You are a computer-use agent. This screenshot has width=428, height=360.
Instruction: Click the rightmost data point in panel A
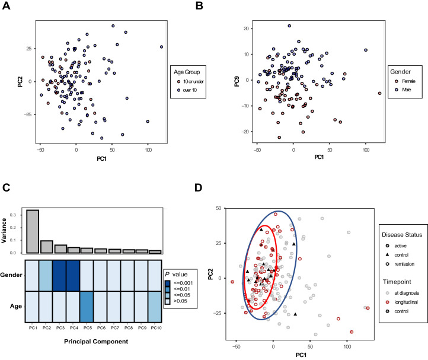coord(161,47)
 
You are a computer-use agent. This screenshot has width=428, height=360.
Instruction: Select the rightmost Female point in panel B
coord(380,93)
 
